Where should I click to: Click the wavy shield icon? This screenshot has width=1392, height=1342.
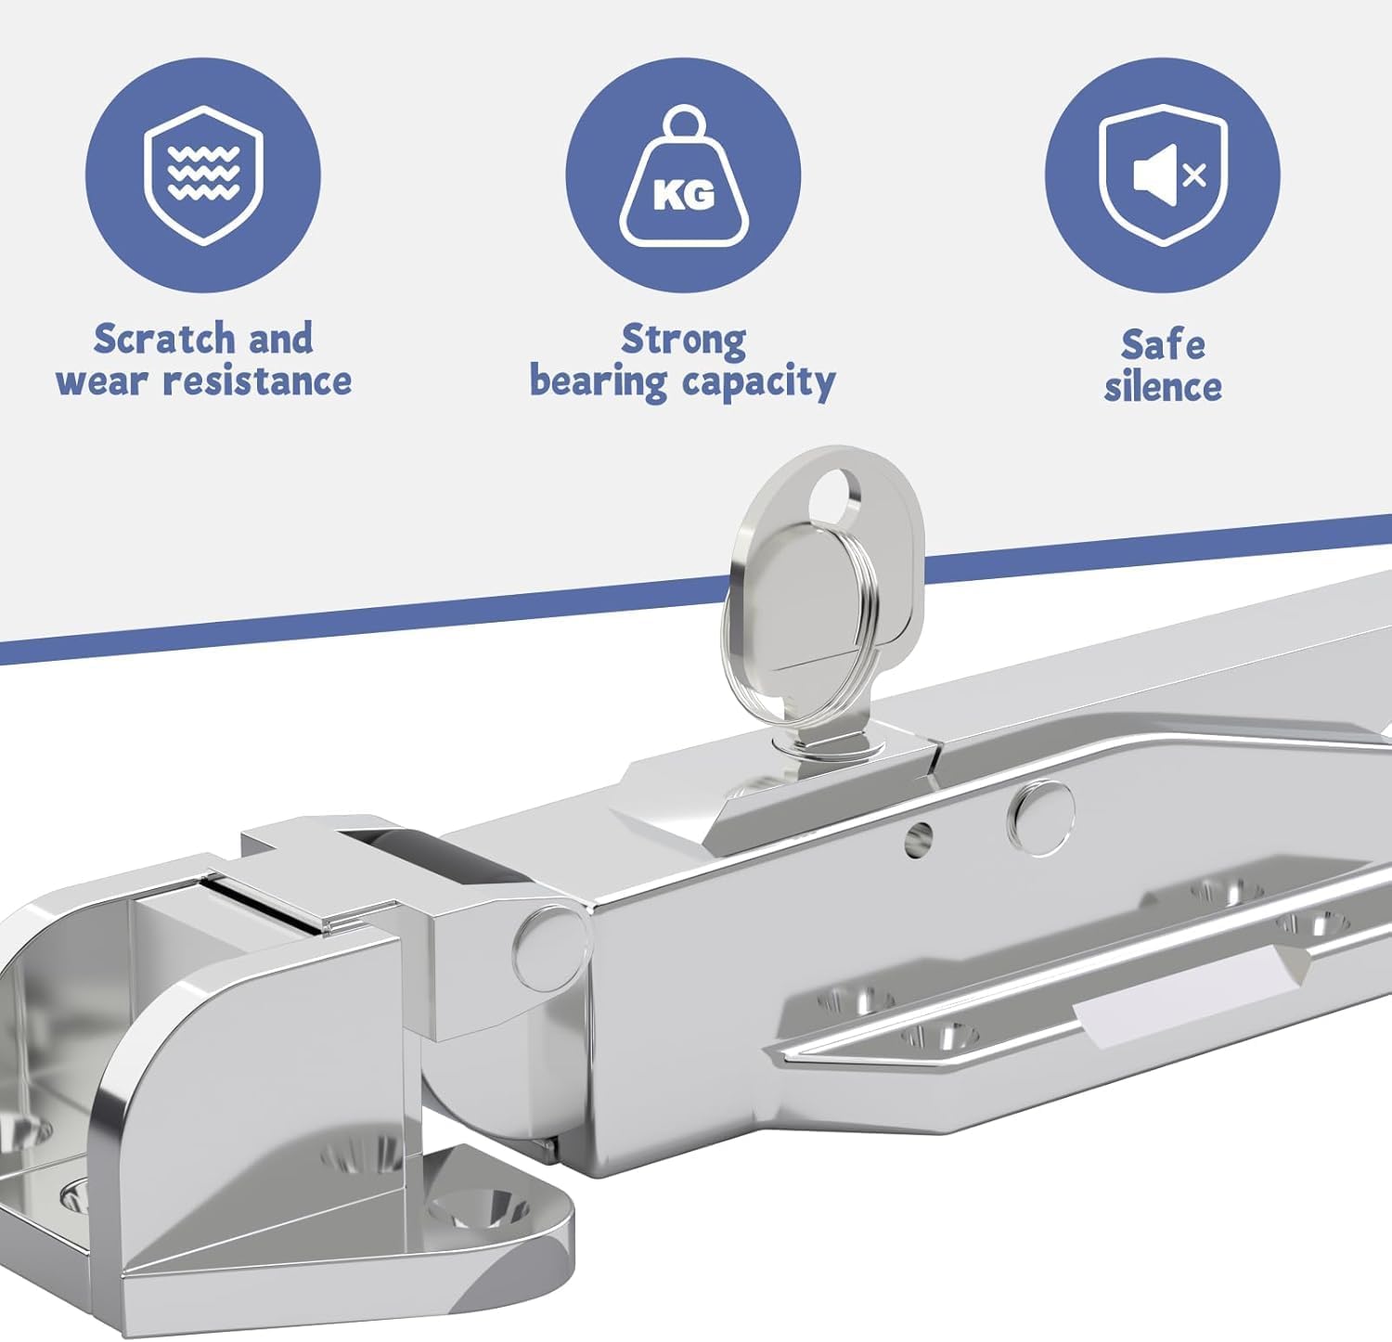[203, 174]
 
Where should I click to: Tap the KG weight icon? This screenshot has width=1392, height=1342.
[683, 177]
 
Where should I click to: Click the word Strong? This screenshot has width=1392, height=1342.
[683, 340]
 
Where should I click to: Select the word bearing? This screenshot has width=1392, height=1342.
[598, 381]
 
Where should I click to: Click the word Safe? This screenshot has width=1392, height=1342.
[1163, 344]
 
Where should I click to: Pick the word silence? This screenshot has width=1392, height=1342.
[1163, 386]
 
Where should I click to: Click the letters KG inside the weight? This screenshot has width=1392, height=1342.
[684, 195]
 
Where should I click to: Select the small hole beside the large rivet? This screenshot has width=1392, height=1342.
[918, 839]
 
